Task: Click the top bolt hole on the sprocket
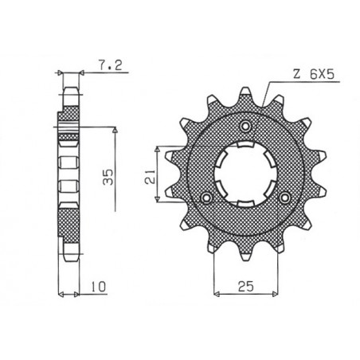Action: pos(246,127)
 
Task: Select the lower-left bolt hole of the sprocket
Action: pos(209,196)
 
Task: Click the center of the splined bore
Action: pos(246,171)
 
